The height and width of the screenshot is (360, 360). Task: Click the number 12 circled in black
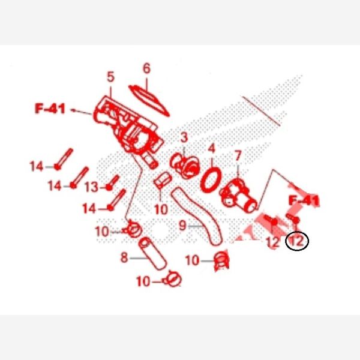pyautogui.click(x=297, y=241)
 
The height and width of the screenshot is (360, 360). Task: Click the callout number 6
pyautogui.click(x=146, y=68)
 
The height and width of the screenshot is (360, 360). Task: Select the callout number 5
pyautogui.click(x=110, y=77)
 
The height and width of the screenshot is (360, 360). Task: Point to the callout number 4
pyautogui.click(x=211, y=149)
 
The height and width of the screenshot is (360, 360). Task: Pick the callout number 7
pyautogui.click(x=238, y=156)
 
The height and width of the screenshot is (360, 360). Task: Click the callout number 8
pyautogui.click(x=124, y=257)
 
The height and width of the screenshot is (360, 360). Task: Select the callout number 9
pyautogui.click(x=182, y=226)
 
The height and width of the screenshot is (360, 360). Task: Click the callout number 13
pyautogui.click(x=92, y=187)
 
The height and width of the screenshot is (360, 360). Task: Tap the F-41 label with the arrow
pyautogui.click(x=50, y=109)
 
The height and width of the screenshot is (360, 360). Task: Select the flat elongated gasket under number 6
pyautogui.click(x=149, y=100)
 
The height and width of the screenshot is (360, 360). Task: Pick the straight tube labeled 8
pyautogui.click(x=152, y=253)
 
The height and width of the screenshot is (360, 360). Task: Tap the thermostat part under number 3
pyautogui.click(x=185, y=166)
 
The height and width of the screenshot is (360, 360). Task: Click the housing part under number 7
pyautogui.click(x=239, y=196)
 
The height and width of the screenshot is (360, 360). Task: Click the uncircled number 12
pyautogui.click(x=273, y=242)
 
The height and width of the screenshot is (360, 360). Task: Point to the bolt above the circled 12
pyautogui.click(x=293, y=218)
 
